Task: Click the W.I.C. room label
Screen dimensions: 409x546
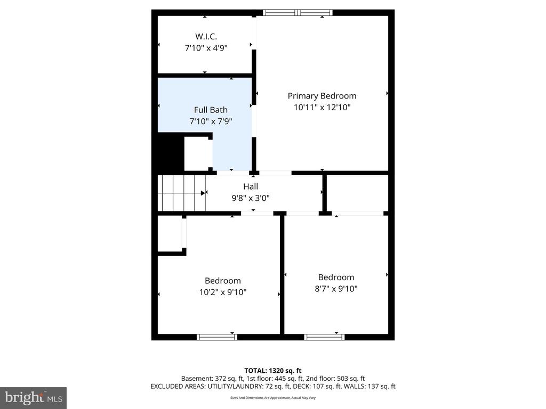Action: click(206, 36)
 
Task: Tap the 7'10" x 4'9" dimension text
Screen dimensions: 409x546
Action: click(206, 48)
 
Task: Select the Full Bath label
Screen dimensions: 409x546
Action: click(211, 110)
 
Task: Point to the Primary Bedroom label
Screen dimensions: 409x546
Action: click(322, 96)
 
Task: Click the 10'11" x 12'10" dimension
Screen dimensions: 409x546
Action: click(322, 107)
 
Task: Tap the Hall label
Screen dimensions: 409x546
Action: click(251, 186)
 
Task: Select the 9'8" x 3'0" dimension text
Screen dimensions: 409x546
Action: click(251, 198)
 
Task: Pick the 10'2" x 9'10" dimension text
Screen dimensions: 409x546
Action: click(223, 292)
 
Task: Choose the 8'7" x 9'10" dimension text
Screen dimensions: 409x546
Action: click(336, 289)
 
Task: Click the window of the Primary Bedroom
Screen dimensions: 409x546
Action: click(298, 13)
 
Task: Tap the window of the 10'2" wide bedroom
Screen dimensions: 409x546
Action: click(217, 337)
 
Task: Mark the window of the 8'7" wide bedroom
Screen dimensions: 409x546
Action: click(324, 337)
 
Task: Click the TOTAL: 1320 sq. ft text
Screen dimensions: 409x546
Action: click(273, 370)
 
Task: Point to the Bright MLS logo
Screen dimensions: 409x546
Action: click(33, 397)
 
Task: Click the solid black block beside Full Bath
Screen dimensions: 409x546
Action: click(170, 152)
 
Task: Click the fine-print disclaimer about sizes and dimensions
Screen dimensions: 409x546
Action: click(273, 398)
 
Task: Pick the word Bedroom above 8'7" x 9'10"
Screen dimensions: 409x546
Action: click(336, 277)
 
